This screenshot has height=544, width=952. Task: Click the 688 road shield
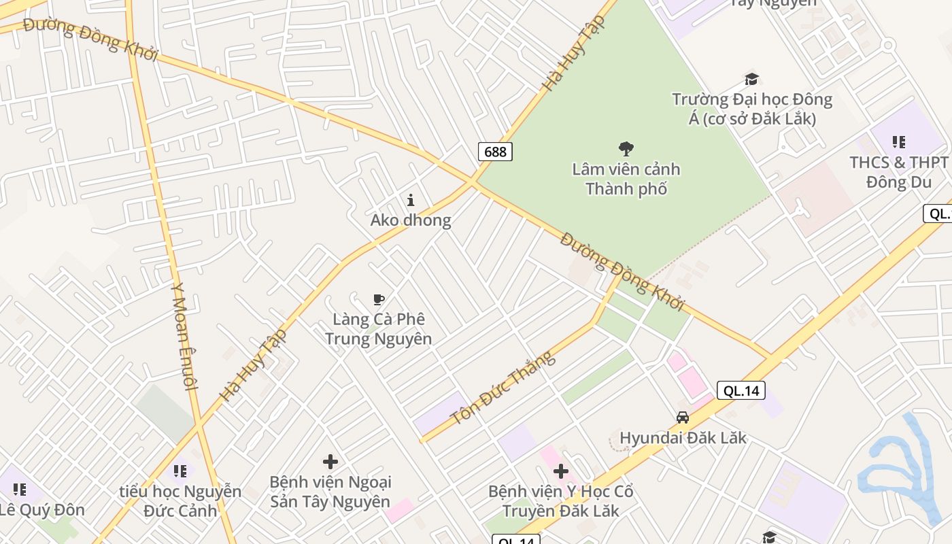coord(495,151)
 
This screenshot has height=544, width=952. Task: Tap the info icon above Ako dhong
coord(410,200)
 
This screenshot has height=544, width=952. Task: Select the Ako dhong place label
coord(410,220)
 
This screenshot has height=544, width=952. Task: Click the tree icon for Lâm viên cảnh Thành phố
coord(626,149)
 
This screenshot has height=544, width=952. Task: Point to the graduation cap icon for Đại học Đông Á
coord(751,80)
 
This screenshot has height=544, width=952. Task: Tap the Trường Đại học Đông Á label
coord(752,109)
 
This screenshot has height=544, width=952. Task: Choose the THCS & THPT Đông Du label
coord(898,172)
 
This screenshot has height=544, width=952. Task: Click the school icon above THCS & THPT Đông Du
coord(898,142)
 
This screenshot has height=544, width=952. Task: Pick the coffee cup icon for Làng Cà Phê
coord(379,299)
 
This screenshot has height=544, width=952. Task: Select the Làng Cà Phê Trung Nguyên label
coord(378,328)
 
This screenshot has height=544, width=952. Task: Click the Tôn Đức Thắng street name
coord(503,388)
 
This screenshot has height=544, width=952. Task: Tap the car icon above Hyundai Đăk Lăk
coord(683,418)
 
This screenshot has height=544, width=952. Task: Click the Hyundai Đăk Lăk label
coord(683,437)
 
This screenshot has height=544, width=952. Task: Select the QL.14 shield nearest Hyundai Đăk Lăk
coord(741,390)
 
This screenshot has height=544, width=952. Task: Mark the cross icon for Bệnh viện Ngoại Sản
coord(330,462)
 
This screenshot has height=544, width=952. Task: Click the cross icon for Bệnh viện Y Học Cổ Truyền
coord(561,471)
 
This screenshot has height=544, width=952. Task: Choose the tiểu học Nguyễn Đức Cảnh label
coord(180,500)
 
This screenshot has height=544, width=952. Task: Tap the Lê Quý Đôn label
coord(42,509)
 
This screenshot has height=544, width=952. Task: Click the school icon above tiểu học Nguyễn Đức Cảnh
coord(180,471)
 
